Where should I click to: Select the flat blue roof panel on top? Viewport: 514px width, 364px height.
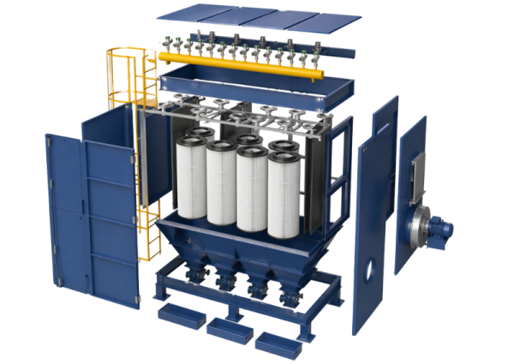pos(257,21)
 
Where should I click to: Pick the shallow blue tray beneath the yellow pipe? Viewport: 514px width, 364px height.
pos(257,91)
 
